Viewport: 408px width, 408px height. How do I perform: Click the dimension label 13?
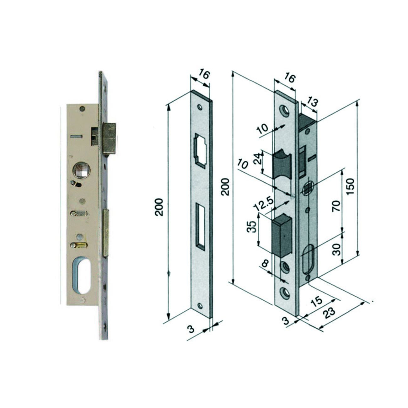click(x=312, y=103)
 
